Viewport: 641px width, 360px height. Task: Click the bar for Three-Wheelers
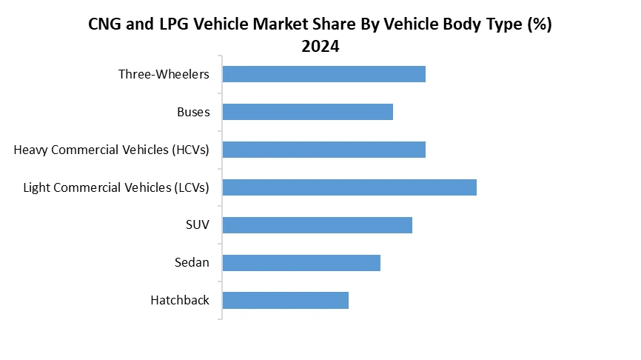point(323,74)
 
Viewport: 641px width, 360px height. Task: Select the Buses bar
point(307,112)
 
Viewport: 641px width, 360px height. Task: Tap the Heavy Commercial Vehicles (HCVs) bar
point(323,150)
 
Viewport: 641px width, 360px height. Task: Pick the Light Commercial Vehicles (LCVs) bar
point(349,187)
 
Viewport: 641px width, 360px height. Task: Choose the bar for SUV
point(317,225)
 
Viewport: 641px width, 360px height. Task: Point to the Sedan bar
point(301,263)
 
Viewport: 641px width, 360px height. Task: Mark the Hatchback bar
point(285,300)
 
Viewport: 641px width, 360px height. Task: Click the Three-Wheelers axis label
point(164,74)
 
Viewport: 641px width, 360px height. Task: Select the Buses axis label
point(193,112)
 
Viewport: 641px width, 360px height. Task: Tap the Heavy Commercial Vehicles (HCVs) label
point(111,150)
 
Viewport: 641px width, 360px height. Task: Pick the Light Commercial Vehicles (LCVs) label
point(116,187)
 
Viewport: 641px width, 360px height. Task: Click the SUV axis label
point(197,225)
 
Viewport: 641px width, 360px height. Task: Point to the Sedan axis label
point(192,263)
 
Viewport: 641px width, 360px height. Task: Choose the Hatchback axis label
point(180,300)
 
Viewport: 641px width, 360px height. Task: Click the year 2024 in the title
point(320,46)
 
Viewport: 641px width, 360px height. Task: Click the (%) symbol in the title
point(539,24)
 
